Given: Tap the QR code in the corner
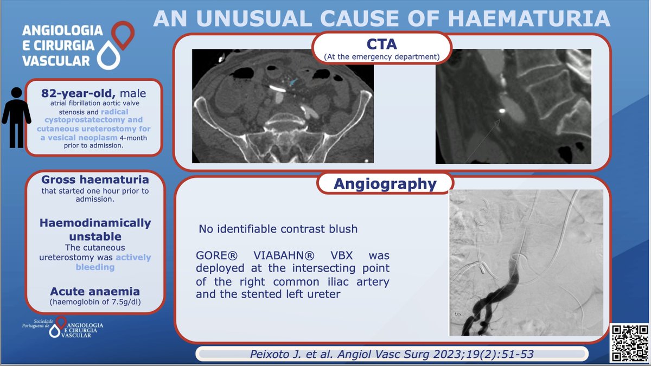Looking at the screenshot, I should pos(629,342).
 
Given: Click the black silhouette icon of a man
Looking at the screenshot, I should pos(16,117).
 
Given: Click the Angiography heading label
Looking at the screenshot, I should pos(385,184).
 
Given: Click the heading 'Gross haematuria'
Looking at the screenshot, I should pos(95,179).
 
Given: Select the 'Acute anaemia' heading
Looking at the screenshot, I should pos(95,292).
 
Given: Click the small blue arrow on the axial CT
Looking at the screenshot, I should pos(293,82).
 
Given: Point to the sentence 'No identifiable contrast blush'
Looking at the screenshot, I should pos(278,229).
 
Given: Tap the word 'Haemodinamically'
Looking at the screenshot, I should pos(95,223).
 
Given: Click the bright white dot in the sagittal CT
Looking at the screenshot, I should pos(501,111).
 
